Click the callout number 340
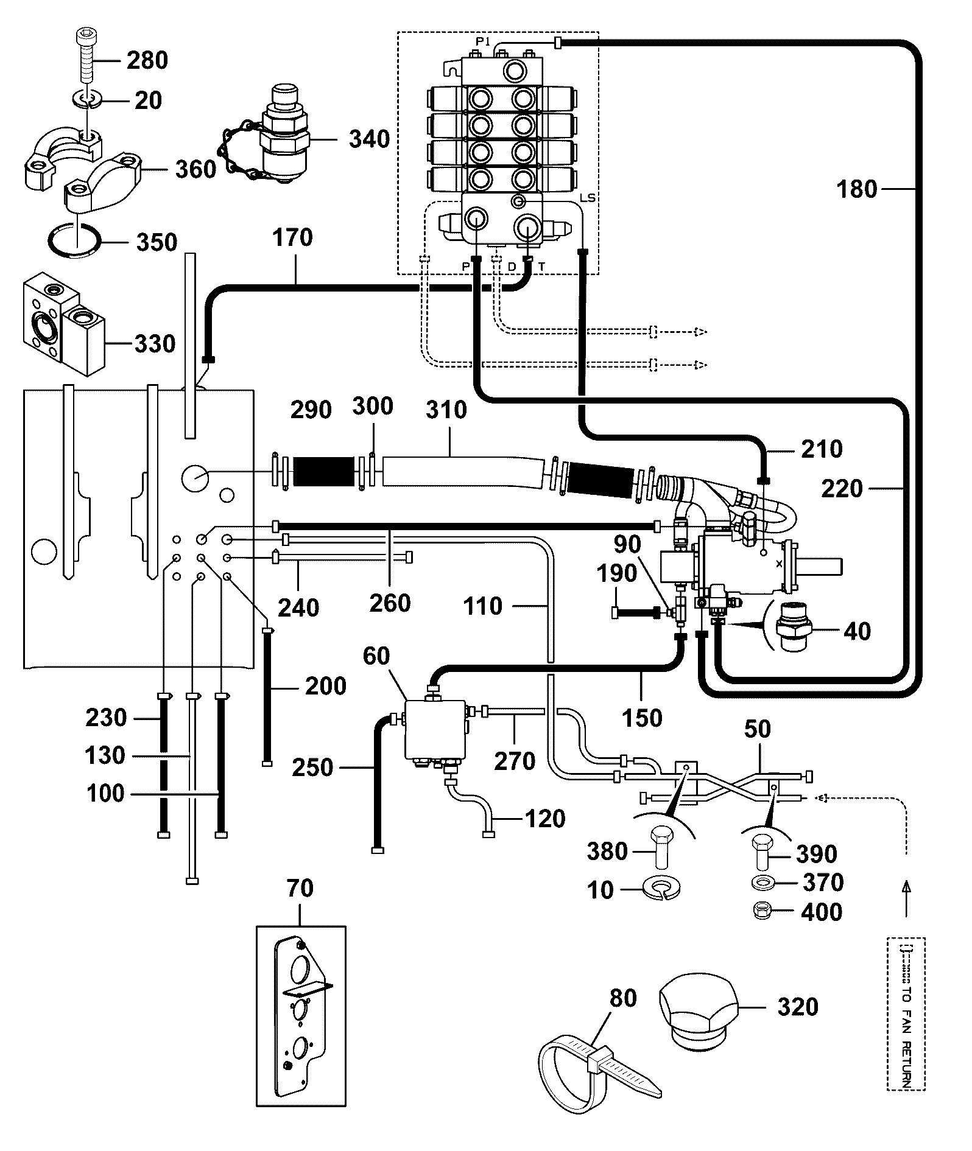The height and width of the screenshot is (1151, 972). (x=369, y=139)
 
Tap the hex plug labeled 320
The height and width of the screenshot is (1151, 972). (x=698, y=1015)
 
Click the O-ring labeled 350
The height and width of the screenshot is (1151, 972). (x=74, y=242)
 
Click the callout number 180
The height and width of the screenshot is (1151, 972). (x=857, y=189)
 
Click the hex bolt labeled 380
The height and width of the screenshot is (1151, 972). (x=660, y=846)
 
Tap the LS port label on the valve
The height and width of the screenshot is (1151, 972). (x=588, y=198)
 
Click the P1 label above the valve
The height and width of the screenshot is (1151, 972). (x=483, y=41)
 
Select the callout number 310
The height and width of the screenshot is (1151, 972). (x=446, y=409)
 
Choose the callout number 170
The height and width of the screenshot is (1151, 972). (x=293, y=237)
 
